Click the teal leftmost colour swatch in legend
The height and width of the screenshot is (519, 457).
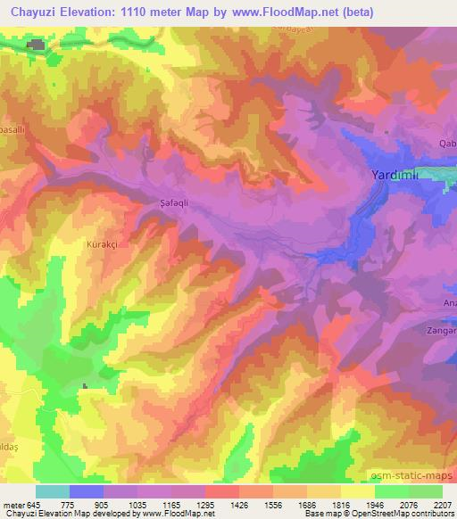53,491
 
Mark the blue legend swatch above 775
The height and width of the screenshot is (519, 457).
87,491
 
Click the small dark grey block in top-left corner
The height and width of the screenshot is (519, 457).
37,45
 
